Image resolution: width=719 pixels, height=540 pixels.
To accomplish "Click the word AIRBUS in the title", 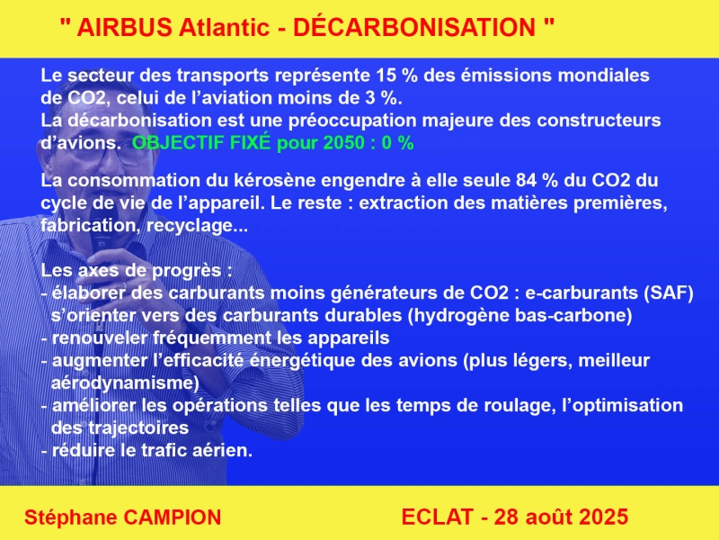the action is pyautogui.click(x=124, y=28).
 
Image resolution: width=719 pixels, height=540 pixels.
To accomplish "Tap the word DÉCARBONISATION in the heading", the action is pyautogui.click(x=414, y=27).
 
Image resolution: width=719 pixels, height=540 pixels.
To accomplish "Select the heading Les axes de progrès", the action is pyautogui.click(x=137, y=271).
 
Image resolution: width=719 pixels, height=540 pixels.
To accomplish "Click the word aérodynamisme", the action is pyautogui.click(x=125, y=383).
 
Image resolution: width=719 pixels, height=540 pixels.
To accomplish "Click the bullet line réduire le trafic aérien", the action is pyautogui.click(x=146, y=451).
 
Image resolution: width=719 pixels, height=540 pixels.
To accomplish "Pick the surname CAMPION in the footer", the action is pyautogui.click(x=173, y=517).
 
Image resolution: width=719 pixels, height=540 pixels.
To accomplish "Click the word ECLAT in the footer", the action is pyautogui.click(x=437, y=517).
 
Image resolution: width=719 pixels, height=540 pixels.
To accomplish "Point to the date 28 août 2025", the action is pyautogui.click(x=561, y=517).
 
